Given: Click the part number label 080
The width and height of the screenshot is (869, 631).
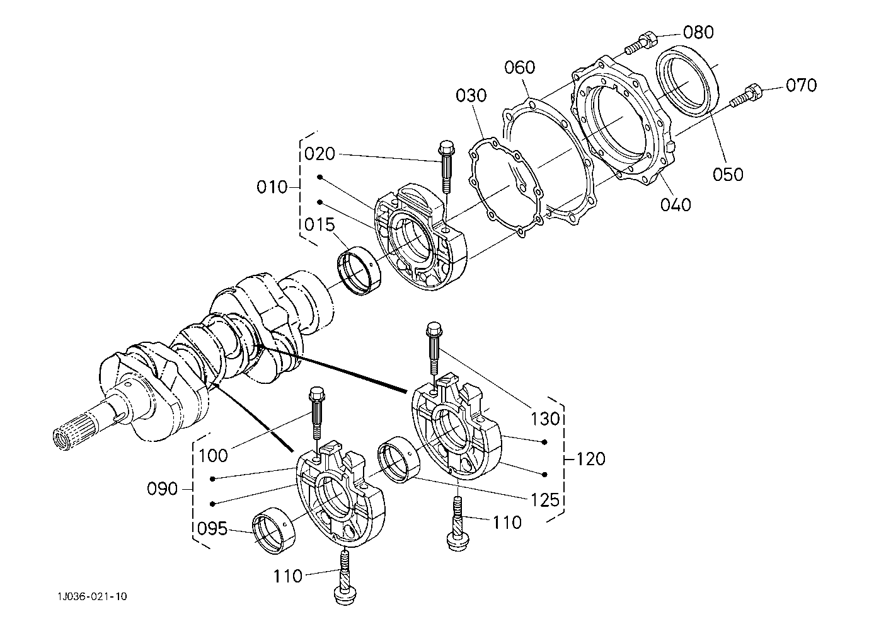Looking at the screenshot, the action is click(698, 32).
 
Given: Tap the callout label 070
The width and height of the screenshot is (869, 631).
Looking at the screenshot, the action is click(802, 85).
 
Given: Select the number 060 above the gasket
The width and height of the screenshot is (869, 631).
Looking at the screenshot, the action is click(519, 67).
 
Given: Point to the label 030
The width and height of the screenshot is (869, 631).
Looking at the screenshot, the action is click(471, 95).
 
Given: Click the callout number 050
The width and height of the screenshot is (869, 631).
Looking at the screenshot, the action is click(728, 174).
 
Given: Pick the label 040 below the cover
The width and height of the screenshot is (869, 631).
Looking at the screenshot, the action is click(676, 204).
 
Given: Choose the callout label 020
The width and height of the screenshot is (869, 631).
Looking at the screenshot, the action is click(319, 154).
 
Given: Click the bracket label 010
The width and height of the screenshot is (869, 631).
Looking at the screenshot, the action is click(272, 187).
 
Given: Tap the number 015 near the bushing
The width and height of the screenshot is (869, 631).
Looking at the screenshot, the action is click(319, 224).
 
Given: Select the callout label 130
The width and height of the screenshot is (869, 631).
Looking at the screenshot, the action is click(544, 419).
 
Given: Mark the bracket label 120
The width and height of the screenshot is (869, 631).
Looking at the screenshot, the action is click(590, 459).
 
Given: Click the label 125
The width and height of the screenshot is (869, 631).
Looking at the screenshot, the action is click(544, 501).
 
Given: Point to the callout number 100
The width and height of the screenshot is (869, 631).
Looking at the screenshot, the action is click(213, 455).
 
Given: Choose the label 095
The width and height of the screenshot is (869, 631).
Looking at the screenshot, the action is click(212, 528).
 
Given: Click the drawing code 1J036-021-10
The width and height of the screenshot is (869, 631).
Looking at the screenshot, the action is click(93, 596).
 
